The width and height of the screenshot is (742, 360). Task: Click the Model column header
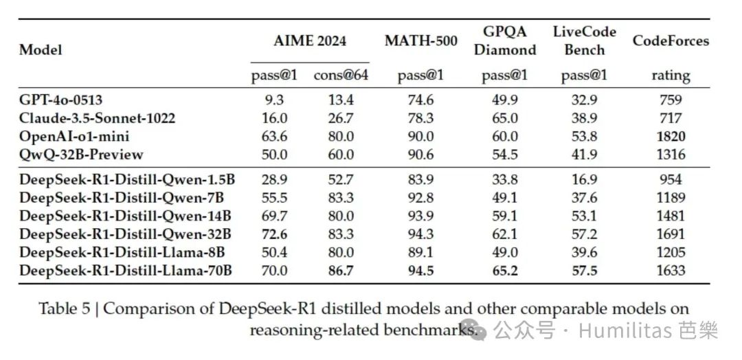[x=41, y=49]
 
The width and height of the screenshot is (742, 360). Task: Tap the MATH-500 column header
[x=420, y=41]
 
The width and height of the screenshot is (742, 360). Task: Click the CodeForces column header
[x=671, y=41]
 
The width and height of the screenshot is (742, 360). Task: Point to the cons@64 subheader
[x=341, y=76]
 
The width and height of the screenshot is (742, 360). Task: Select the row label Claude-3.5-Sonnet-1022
[x=97, y=117]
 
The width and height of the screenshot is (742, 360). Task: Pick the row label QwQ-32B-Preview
[x=81, y=154]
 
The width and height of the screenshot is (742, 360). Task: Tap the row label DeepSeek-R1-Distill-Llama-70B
[x=125, y=271]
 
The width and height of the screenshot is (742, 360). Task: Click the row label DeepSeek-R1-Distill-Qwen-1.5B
[x=127, y=180]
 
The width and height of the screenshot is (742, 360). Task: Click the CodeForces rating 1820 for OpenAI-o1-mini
[x=670, y=135]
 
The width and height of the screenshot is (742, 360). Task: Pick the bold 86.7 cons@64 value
[x=341, y=271]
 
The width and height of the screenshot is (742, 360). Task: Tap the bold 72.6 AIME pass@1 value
[x=275, y=234]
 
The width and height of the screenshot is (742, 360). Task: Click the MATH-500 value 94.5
[x=420, y=271]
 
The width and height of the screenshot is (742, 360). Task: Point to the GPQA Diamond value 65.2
[x=504, y=271]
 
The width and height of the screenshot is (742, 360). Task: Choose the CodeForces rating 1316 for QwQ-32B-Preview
[x=670, y=154]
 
